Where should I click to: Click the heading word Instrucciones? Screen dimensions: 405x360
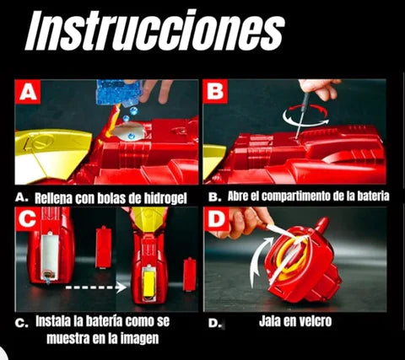point(154,30)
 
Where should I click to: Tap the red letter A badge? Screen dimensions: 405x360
point(28,91)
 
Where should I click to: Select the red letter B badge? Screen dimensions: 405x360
point(215,91)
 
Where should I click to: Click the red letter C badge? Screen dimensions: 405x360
point(28,219)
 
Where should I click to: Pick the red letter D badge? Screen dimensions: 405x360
point(216,219)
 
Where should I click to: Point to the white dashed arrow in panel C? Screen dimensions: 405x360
point(96,287)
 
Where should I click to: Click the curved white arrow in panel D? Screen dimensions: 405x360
point(260,260)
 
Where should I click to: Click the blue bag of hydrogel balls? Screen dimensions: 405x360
point(119,91)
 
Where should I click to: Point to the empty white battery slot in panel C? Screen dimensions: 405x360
point(50,256)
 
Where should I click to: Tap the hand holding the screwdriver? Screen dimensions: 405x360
point(320,88)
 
